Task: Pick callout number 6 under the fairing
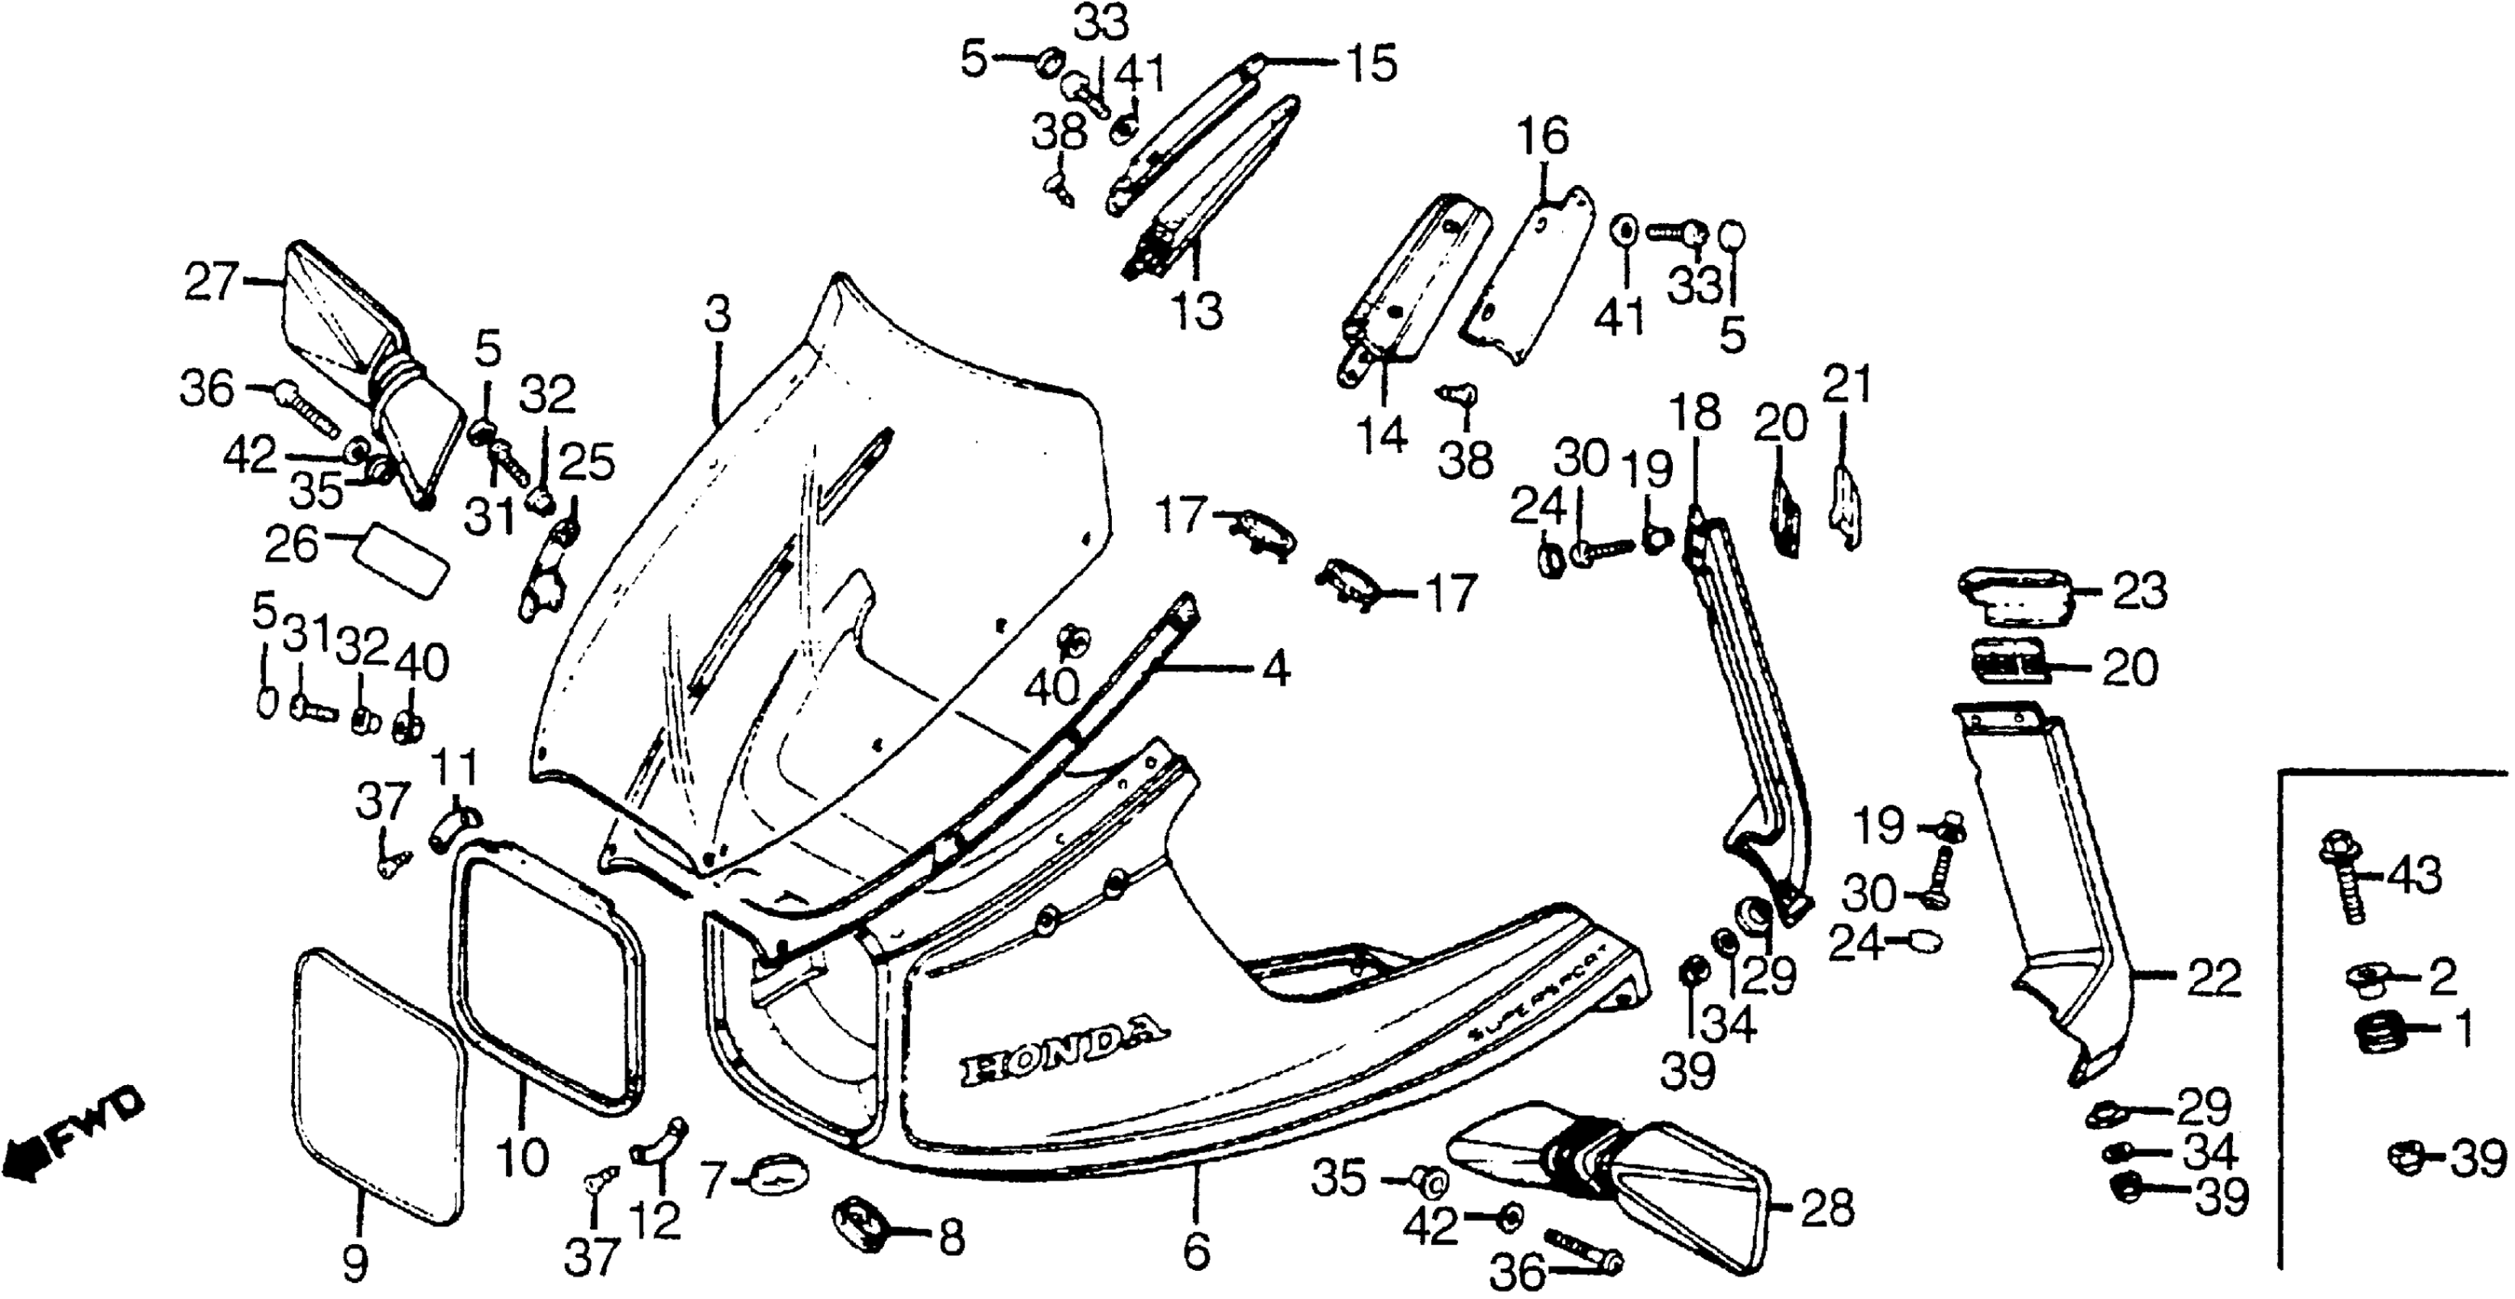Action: click(1196, 1250)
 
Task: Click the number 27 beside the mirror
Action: click(210, 283)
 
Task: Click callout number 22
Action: click(2212, 979)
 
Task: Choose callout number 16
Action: click(1544, 138)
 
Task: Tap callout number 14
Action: click(1382, 436)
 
